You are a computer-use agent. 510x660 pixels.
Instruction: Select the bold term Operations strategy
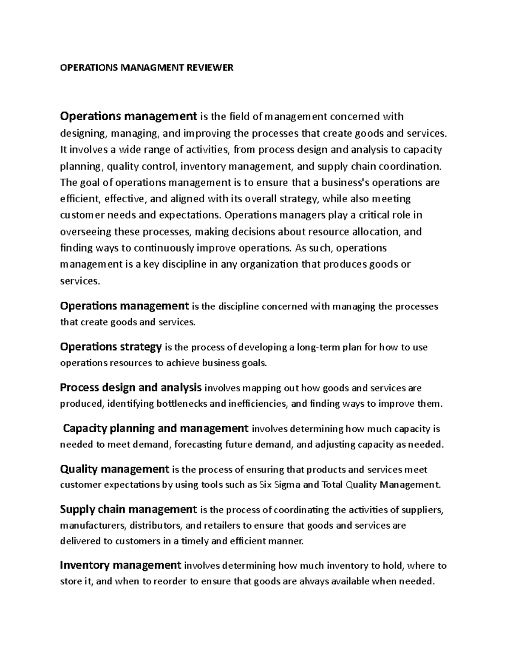[111, 347]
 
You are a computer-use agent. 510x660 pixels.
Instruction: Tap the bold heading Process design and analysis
[130, 388]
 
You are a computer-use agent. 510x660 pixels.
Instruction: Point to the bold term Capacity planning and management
[156, 428]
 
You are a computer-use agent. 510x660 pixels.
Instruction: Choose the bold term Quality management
[115, 469]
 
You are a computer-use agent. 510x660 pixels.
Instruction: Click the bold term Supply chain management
[128, 509]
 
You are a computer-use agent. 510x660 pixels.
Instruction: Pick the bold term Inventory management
[121, 565]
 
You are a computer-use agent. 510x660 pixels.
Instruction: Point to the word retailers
[222, 525]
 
